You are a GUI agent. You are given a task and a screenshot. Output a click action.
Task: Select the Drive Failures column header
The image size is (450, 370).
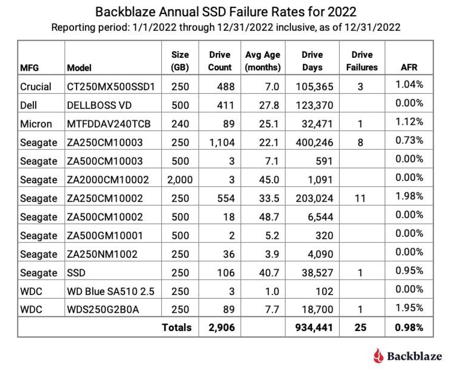[x=362, y=61]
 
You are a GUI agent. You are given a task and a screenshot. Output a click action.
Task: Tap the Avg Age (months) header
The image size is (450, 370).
[x=262, y=61]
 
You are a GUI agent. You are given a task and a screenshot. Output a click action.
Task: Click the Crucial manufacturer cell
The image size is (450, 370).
[x=36, y=86]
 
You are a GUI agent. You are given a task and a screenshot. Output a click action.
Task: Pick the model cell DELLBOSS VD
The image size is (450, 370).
[x=99, y=105]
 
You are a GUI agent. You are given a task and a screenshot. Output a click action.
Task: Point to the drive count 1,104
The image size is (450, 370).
[x=222, y=143]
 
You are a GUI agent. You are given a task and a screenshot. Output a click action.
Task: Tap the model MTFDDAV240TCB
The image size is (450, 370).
[x=109, y=124]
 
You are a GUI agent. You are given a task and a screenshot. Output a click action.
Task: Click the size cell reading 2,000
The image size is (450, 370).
[x=180, y=180]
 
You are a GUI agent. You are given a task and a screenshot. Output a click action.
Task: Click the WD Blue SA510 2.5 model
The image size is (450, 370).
[x=111, y=291]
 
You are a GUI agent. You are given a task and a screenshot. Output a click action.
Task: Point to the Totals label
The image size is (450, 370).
[x=177, y=327]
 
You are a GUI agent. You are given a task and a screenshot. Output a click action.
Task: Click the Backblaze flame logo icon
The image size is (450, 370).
[x=378, y=355]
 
